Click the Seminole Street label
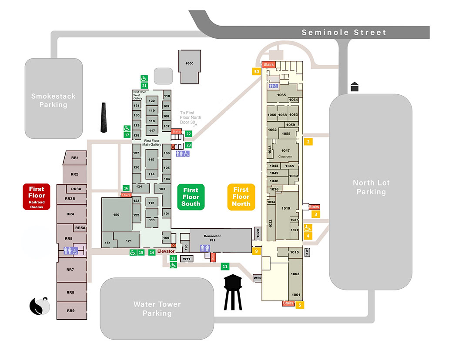click(344, 33)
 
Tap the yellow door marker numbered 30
click(257, 72)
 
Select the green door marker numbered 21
click(144, 86)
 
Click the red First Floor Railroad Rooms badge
click(37, 196)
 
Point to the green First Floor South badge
click(191, 197)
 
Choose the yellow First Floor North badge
click(241, 197)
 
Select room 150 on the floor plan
click(116, 215)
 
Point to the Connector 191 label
click(212, 238)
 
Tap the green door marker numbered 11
click(225, 266)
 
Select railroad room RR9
click(70, 310)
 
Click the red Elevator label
click(166, 251)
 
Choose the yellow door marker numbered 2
click(308, 142)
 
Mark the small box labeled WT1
click(187, 259)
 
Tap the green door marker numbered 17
click(127, 135)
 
